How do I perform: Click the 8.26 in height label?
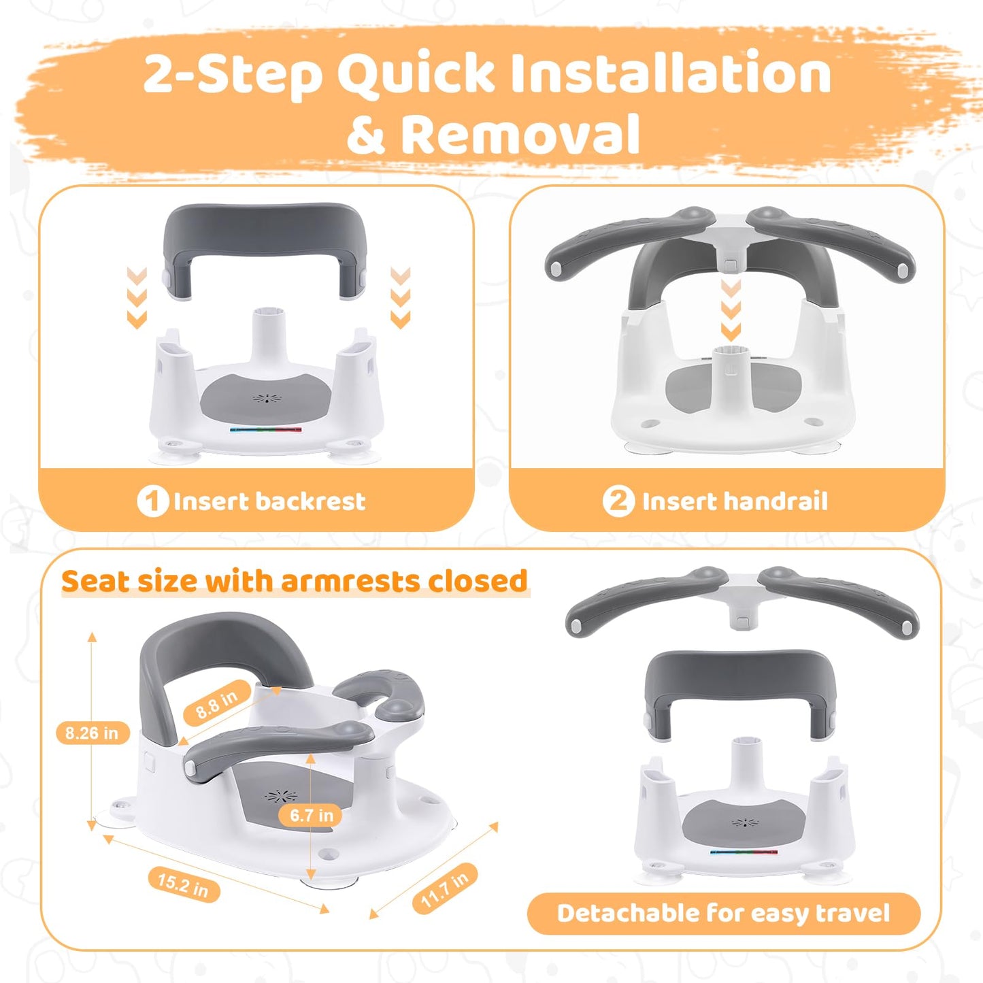click(x=93, y=733)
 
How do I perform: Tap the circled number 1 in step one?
click(x=152, y=501)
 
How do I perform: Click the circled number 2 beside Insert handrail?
click(x=619, y=501)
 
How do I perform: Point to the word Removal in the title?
click(x=520, y=133)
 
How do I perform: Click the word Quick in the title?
click(x=415, y=74)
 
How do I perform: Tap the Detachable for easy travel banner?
click(x=723, y=913)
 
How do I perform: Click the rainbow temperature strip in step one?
click(x=266, y=429)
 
